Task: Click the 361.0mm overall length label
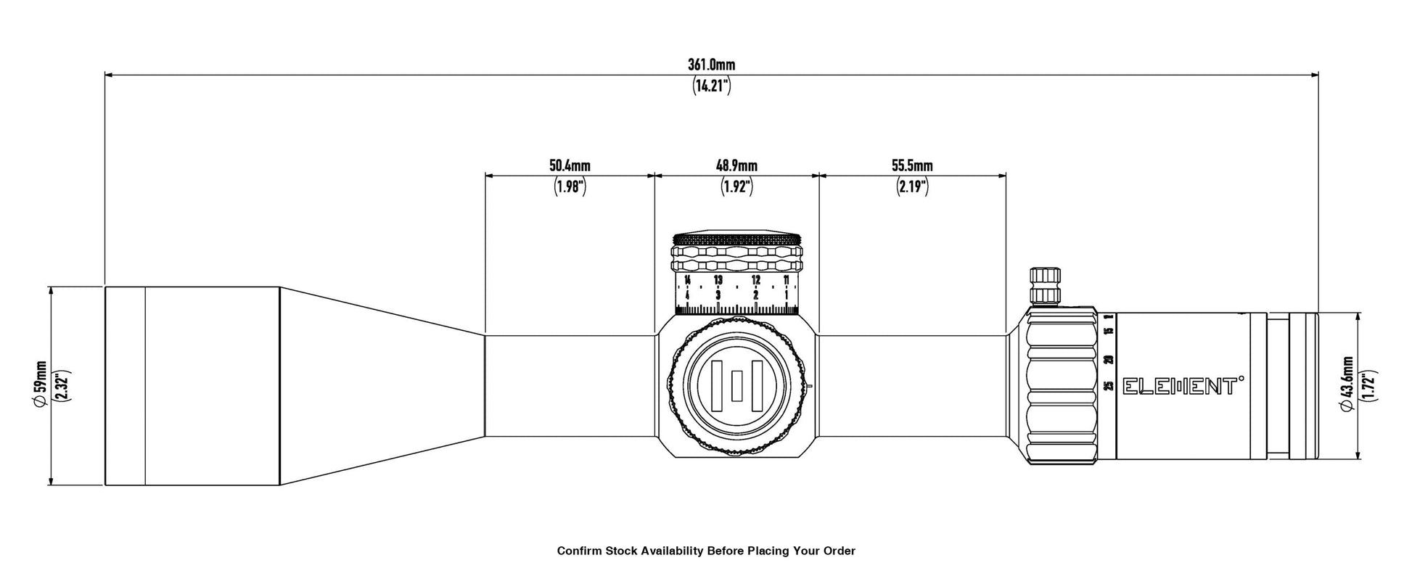click(711, 65)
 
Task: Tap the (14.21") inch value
click(711, 86)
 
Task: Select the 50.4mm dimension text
click(570, 166)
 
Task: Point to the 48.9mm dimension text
click(736, 166)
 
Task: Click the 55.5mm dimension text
click(912, 166)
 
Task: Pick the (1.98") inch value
click(570, 187)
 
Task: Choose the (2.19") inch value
click(912, 187)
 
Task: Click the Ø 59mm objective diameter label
click(41, 385)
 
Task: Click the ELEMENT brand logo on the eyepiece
click(1183, 386)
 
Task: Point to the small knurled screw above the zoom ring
click(1046, 284)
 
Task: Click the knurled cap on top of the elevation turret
click(737, 239)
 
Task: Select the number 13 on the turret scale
click(718, 280)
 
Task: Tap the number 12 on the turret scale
click(756, 280)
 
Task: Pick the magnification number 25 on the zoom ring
click(1108, 385)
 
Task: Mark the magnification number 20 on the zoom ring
click(1108, 359)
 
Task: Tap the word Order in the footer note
click(839, 551)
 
